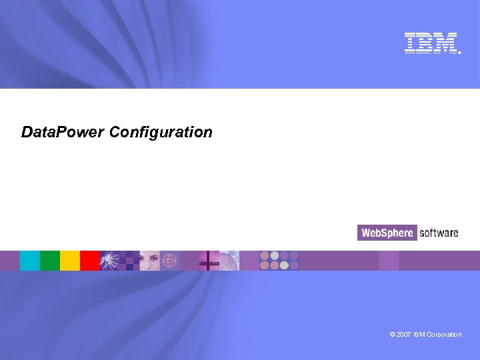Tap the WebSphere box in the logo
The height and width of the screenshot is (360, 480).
click(x=387, y=233)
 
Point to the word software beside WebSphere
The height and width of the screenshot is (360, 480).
click(x=439, y=233)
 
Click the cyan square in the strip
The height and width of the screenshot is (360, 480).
click(x=30, y=261)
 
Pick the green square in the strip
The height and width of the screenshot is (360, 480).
click(x=50, y=261)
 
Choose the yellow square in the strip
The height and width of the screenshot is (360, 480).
click(x=70, y=261)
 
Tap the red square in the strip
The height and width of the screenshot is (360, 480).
click(x=89, y=261)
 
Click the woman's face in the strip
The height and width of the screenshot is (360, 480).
click(x=149, y=261)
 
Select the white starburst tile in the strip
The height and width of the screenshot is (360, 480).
click(x=110, y=261)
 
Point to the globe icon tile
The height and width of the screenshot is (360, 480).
click(x=170, y=261)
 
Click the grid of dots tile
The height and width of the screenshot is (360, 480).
click(x=279, y=261)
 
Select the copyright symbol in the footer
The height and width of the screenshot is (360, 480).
click(x=393, y=335)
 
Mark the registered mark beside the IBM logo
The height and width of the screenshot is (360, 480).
click(x=459, y=52)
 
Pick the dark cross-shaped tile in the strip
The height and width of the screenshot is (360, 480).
click(x=209, y=261)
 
